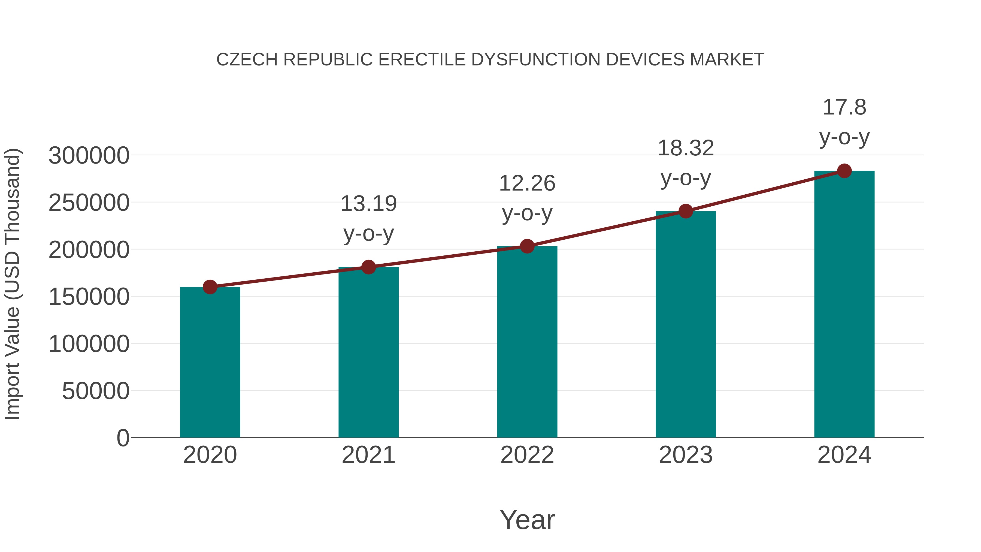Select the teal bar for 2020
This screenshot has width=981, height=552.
210,362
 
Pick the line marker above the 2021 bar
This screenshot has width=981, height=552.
368,267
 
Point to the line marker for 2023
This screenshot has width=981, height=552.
686,211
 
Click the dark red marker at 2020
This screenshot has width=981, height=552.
210,287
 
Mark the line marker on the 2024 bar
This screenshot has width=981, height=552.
844,171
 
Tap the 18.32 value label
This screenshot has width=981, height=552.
686,148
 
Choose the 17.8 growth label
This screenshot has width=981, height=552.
844,107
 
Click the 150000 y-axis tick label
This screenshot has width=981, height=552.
89,297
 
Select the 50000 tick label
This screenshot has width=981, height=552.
96,391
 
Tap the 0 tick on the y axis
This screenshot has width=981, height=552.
123,438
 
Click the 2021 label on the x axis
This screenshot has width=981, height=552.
368,455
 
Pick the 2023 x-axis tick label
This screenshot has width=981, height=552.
686,455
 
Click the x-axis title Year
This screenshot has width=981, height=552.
527,520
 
